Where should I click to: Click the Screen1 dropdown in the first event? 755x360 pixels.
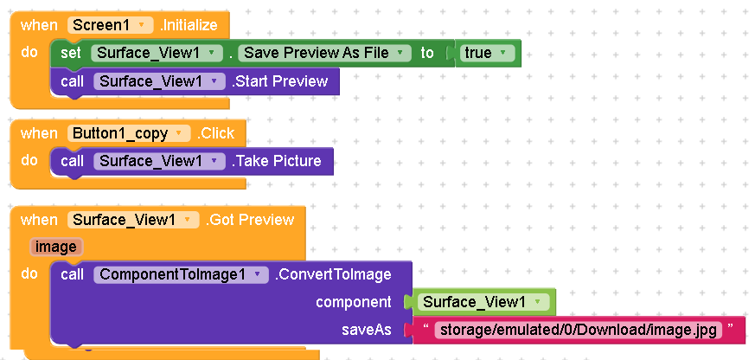point(110,25)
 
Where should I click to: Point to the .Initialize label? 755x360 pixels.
point(189,25)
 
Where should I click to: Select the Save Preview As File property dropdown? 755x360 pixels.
point(324,53)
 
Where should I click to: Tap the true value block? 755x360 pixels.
point(484,53)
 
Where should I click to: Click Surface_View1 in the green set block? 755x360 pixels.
point(157,53)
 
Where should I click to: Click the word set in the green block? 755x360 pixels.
point(71,53)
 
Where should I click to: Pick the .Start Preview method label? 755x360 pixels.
point(279,81)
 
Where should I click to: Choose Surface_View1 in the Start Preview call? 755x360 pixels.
point(159,81)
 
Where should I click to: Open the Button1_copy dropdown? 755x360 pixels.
point(129,133)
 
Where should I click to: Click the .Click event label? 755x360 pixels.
point(215,133)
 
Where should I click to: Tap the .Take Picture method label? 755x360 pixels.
point(277,161)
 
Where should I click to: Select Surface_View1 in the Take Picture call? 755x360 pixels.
point(159,161)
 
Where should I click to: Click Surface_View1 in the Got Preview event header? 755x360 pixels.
point(133,221)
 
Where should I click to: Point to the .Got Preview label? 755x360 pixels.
point(250,221)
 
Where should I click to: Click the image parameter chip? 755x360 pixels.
point(56,247)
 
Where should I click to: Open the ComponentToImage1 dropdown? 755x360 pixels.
point(181,274)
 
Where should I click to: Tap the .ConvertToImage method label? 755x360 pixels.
point(333,274)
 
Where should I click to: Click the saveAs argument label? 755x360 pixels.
point(367,330)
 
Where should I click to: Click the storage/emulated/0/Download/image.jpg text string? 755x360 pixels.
point(579,330)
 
